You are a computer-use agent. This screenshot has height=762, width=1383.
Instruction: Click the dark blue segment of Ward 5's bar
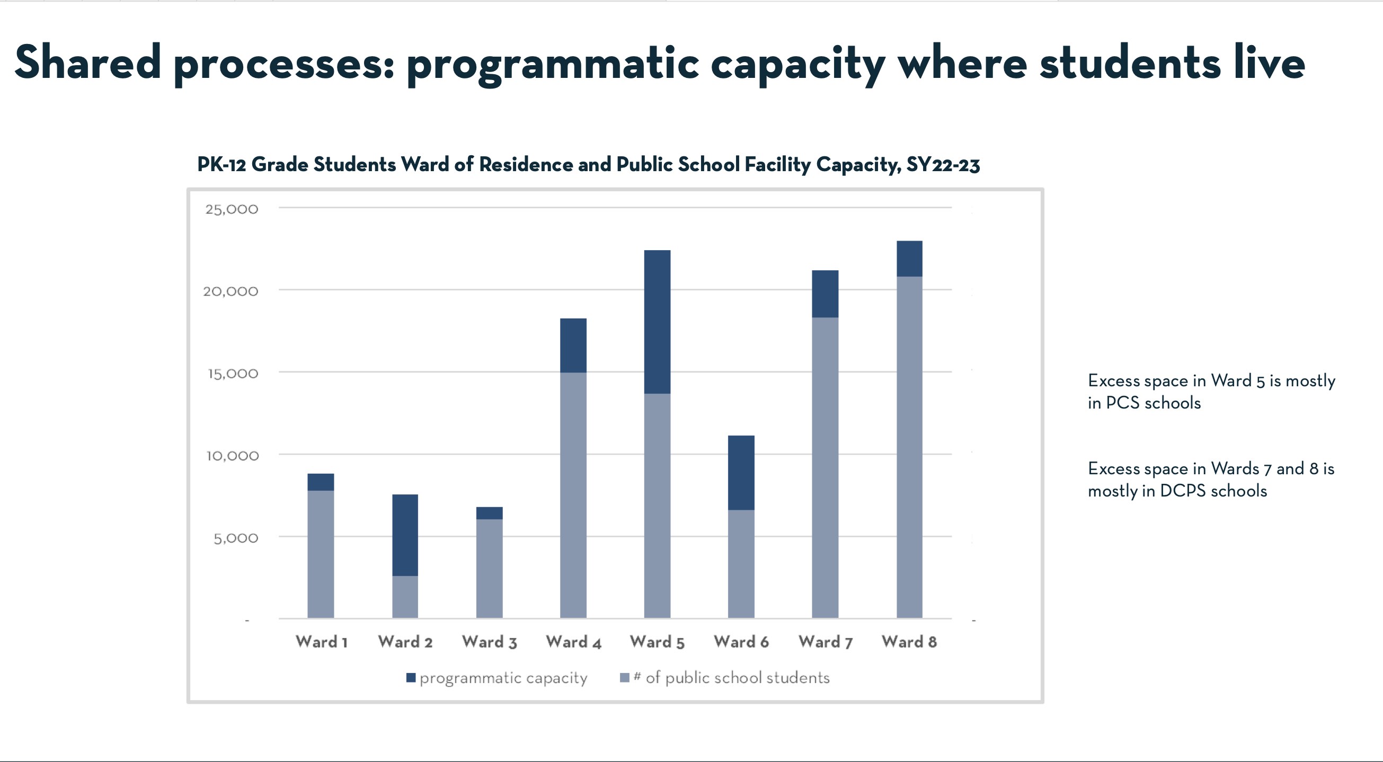point(657,322)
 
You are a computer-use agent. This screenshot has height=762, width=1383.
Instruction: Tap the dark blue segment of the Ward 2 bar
point(405,535)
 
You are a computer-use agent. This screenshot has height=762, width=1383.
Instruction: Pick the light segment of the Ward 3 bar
point(489,568)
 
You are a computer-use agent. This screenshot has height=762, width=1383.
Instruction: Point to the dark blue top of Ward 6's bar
point(741,472)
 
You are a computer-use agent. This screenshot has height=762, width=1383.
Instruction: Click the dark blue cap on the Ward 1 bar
point(321,482)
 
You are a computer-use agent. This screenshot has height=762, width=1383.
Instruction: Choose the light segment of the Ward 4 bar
point(573,494)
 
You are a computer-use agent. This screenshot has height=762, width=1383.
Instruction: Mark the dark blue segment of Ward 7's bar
point(825,294)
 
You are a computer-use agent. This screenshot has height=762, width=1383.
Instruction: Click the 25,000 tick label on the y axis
point(232,209)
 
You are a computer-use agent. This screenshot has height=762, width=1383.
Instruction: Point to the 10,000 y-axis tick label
point(233,456)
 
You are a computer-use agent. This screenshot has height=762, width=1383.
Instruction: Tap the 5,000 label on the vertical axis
point(236,538)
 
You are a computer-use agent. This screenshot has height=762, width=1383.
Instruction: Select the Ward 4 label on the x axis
point(573,642)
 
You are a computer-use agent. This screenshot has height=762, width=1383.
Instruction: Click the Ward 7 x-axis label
point(825,642)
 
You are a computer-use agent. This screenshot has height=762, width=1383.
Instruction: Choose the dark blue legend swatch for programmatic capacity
point(411,678)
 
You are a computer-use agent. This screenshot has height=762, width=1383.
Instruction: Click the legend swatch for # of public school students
point(624,678)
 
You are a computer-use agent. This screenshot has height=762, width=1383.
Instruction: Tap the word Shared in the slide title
point(87,63)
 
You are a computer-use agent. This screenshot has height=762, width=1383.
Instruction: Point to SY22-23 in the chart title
point(943,164)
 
